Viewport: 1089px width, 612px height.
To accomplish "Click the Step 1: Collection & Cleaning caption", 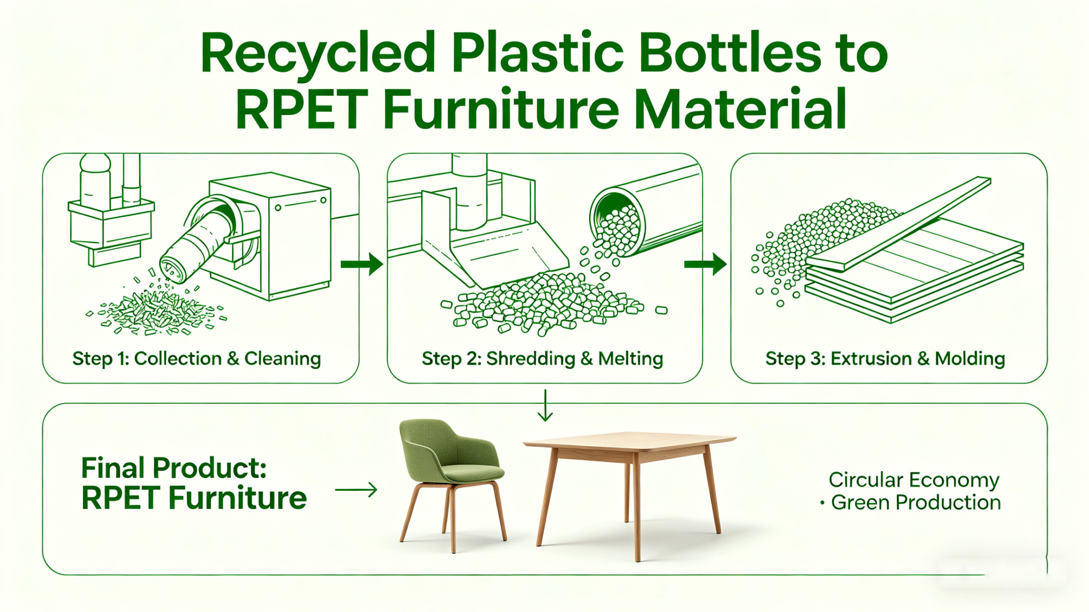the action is point(197,359).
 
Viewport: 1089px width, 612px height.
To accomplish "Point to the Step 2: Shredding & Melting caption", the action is point(542,359).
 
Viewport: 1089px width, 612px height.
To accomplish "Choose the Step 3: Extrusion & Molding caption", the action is point(885,359).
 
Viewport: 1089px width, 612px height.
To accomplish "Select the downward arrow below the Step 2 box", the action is point(545,405).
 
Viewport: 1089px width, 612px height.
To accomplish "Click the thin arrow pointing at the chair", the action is point(356,490).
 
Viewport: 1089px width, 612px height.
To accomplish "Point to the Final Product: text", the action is point(174,468).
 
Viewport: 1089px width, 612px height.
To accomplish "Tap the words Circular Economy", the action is point(914,480).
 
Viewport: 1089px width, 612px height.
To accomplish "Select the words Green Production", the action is point(916,503).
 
